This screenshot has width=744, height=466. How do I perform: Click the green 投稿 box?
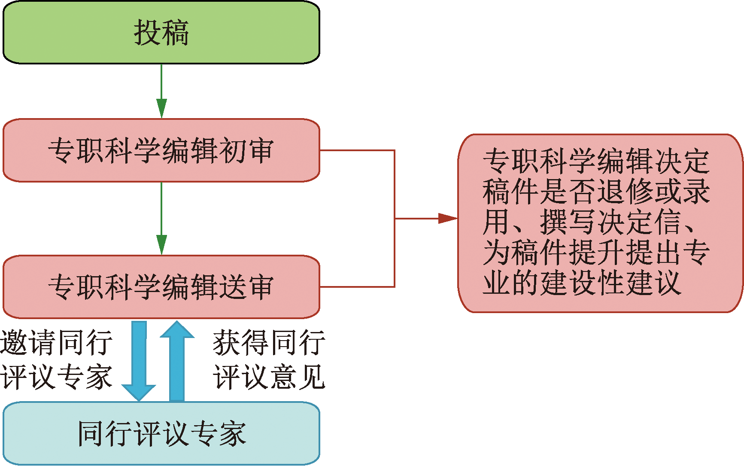pyautogui.click(x=161, y=33)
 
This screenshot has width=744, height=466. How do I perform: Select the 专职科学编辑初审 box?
pyautogui.click(x=161, y=150)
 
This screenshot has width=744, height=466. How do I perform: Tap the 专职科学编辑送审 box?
pyautogui.click(x=161, y=286)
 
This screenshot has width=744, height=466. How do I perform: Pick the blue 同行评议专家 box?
pyautogui.click(x=161, y=433)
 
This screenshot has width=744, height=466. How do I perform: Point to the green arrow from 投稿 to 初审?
pyautogui.click(x=161, y=91)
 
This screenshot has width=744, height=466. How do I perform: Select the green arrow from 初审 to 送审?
pyautogui.click(x=161, y=218)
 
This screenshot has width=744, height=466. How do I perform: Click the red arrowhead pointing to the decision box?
pyautogui.click(x=447, y=218)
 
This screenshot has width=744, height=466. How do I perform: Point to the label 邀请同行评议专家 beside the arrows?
pyautogui.click(x=56, y=360)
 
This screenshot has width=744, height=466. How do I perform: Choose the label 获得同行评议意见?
pyautogui.click(x=269, y=360)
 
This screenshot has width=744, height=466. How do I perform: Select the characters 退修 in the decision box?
pyautogui.click(x=625, y=192)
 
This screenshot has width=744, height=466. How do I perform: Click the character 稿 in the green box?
pyautogui.click(x=175, y=33)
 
